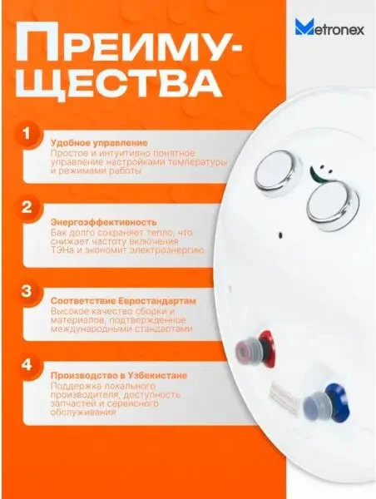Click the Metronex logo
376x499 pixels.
329,27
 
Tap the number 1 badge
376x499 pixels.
27,134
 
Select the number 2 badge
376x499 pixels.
27,207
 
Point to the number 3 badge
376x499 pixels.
27,291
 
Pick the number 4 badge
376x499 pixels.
27,365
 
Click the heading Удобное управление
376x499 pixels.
99,143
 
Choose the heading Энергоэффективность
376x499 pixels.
104,222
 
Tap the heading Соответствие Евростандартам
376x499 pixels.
123,301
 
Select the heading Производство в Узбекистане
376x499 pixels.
119,376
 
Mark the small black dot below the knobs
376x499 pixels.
280,235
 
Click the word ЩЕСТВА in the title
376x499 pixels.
118,82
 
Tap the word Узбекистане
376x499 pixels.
157,376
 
